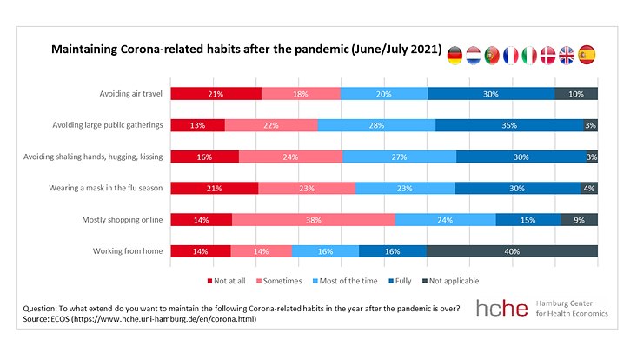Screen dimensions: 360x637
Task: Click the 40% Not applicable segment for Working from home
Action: coord(512,251)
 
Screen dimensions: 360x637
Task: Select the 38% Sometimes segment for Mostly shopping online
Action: coord(313,220)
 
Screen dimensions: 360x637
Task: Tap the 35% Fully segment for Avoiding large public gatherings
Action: coord(509,125)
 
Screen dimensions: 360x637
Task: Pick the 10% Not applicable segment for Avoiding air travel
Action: coord(576,94)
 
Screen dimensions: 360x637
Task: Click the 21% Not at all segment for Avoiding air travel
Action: coord(216,94)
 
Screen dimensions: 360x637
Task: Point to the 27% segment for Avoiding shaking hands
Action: coord(399,157)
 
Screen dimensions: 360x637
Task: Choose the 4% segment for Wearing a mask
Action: coord(589,188)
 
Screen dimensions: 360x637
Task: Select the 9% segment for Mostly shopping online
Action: coord(579,220)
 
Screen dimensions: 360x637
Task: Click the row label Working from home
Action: coord(128,251)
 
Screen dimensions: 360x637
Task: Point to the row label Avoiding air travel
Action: coord(131,94)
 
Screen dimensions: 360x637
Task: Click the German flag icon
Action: coord(455,56)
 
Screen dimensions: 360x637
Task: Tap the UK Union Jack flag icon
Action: coord(567,56)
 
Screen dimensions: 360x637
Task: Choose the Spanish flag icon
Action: coord(587,56)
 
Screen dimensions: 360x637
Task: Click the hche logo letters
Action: coord(502,308)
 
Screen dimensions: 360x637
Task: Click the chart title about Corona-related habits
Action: coord(245,49)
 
